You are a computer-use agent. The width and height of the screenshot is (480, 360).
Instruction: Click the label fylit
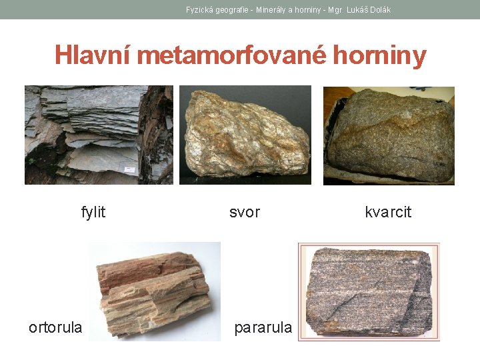click(x=93, y=212)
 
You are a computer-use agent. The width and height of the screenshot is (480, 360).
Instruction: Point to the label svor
click(x=245, y=212)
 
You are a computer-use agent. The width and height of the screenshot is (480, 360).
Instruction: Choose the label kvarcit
click(x=388, y=212)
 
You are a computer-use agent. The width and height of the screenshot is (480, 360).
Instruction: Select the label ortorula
click(x=55, y=327)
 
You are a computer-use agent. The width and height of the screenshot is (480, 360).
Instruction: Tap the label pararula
click(x=263, y=327)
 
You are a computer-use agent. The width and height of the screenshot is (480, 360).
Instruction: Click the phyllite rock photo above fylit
click(x=99, y=135)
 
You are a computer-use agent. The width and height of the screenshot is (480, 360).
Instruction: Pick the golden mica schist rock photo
click(x=245, y=135)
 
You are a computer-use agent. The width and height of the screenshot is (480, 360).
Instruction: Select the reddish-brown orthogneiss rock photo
click(x=155, y=291)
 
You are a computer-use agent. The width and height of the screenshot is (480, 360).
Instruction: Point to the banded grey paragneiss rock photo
click(x=369, y=291)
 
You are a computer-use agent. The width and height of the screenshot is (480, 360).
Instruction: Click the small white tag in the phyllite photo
click(x=129, y=171)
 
